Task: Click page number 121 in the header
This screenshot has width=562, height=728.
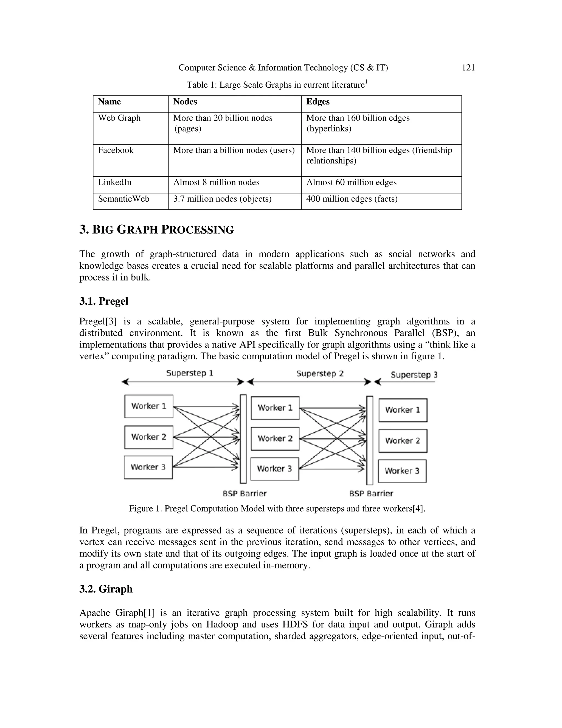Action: point(468,68)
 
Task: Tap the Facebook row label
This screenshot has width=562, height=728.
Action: point(116,150)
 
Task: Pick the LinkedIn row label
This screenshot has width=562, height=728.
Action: point(114,182)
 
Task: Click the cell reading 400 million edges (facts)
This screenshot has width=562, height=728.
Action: point(352,199)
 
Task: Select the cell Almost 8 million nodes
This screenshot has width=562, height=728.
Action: point(216,182)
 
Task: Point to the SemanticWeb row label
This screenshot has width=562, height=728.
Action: point(123,199)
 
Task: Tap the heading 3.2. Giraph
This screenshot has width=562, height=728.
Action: point(106,589)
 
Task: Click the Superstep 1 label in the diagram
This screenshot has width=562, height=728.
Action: point(189,373)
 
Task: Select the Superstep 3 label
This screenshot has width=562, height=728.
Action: point(414,375)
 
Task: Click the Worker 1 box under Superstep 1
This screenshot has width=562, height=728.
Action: point(149,406)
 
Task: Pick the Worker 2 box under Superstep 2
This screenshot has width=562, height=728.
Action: point(275,439)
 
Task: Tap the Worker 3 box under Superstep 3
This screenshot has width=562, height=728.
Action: point(402,471)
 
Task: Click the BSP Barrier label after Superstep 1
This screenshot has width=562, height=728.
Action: point(245,493)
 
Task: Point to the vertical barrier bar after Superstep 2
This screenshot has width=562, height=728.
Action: point(370,440)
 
